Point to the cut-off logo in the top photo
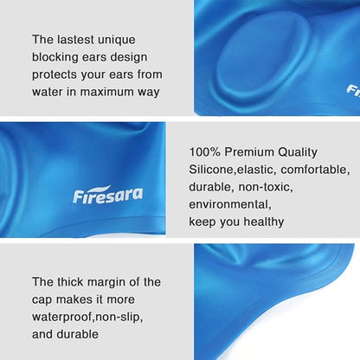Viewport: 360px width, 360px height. [x=353, y=89]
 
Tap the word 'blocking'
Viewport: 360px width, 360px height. [x=56, y=57]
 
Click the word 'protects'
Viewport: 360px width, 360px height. [x=57, y=74]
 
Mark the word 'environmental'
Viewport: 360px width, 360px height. [x=230, y=204]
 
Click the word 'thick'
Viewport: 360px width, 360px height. [x=73, y=282]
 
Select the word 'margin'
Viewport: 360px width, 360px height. [x=115, y=282]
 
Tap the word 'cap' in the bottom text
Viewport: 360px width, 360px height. [x=45, y=299]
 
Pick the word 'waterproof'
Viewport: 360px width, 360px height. [x=66, y=317]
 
